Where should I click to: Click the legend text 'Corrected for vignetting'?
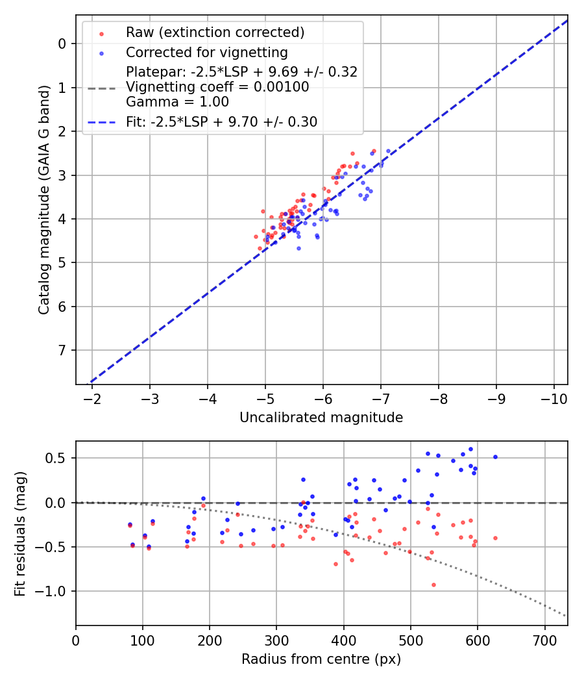206,52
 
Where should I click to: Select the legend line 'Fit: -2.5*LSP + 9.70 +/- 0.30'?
221,121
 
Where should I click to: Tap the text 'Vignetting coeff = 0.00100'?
217,87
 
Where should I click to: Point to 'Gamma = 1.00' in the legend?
177,102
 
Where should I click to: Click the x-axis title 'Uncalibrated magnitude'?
321,418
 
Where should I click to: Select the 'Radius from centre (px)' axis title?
321,659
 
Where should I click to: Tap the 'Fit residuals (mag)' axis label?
21,533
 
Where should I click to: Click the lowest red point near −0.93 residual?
433,585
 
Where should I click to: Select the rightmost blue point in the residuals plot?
495,457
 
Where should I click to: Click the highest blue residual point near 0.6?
470,449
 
